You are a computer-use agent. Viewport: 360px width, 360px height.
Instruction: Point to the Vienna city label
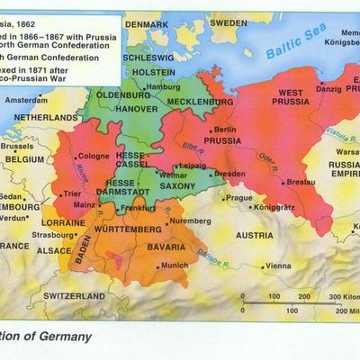[x=278, y=265]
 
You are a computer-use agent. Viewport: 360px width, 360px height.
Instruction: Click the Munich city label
[x=175, y=265]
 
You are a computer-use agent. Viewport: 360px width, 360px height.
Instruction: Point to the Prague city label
[x=238, y=198]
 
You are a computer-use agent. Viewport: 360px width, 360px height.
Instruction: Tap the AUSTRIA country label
[x=253, y=235]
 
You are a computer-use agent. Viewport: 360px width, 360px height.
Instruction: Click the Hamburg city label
[x=163, y=86]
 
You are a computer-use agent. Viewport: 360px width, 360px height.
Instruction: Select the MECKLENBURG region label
[x=199, y=103]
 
